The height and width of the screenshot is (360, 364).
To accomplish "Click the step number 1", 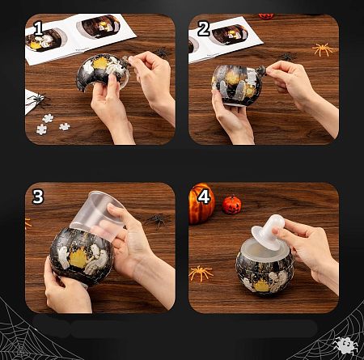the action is tap(39, 29).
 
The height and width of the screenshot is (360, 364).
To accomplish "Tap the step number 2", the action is tap(204, 29).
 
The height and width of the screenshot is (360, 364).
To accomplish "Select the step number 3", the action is tap(38, 197).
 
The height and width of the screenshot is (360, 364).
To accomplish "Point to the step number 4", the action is tap(204, 197).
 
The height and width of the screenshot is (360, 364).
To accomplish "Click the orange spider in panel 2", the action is tap(323, 49).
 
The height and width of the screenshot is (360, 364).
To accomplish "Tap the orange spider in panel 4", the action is tap(201, 273).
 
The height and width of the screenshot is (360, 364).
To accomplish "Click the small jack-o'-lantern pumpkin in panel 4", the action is tap(231, 205).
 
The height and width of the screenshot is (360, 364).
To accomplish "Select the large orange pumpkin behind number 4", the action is tap(201, 204).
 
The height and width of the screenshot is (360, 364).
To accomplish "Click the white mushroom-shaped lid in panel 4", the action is tap(268, 231).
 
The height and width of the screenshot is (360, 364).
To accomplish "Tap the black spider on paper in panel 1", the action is tap(38, 100).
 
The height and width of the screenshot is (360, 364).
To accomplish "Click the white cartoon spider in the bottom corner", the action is tap(345, 345).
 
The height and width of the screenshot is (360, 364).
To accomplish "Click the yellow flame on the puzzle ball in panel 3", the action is tap(78, 258).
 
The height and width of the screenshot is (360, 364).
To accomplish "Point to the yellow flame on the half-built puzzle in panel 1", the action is tap(100, 63).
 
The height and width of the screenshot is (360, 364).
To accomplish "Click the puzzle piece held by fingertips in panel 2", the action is tap(261, 70).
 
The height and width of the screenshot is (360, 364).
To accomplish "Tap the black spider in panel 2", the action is tap(287, 57).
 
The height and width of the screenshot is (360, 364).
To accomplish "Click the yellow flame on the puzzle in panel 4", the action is tap(262, 286).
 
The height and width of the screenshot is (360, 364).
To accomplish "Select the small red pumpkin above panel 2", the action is tap(266, 16).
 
